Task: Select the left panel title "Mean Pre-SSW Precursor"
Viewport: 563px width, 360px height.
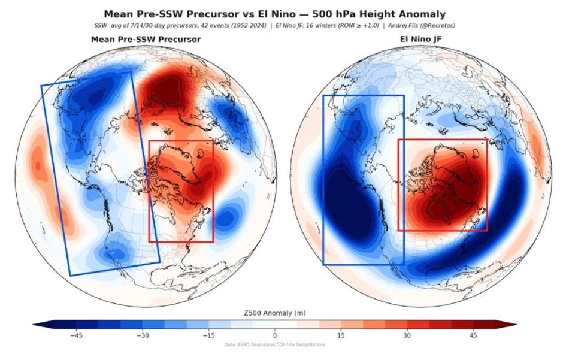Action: coord(146,39)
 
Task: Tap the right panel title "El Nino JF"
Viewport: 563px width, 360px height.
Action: coord(421,39)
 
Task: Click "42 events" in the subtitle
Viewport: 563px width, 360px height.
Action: coord(217,26)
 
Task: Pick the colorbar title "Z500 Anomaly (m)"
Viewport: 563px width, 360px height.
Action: coord(275,313)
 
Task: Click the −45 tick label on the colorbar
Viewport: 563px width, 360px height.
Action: coord(76,335)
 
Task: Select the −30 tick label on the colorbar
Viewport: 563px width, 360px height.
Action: coord(143,335)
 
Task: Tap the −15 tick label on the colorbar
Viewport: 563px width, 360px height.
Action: coord(208,335)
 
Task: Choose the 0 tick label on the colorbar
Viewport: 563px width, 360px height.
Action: coord(275,335)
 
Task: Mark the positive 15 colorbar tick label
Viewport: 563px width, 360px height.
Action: coord(341,335)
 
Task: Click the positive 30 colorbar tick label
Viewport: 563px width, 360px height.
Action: coord(407,335)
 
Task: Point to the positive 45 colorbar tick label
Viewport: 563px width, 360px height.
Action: coord(473,335)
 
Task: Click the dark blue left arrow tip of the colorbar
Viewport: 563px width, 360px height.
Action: coord(33,325)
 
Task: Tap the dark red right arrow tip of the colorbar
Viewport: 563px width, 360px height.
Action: coord(517,325)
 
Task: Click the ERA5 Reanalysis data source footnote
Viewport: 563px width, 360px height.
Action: coord(275,344)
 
